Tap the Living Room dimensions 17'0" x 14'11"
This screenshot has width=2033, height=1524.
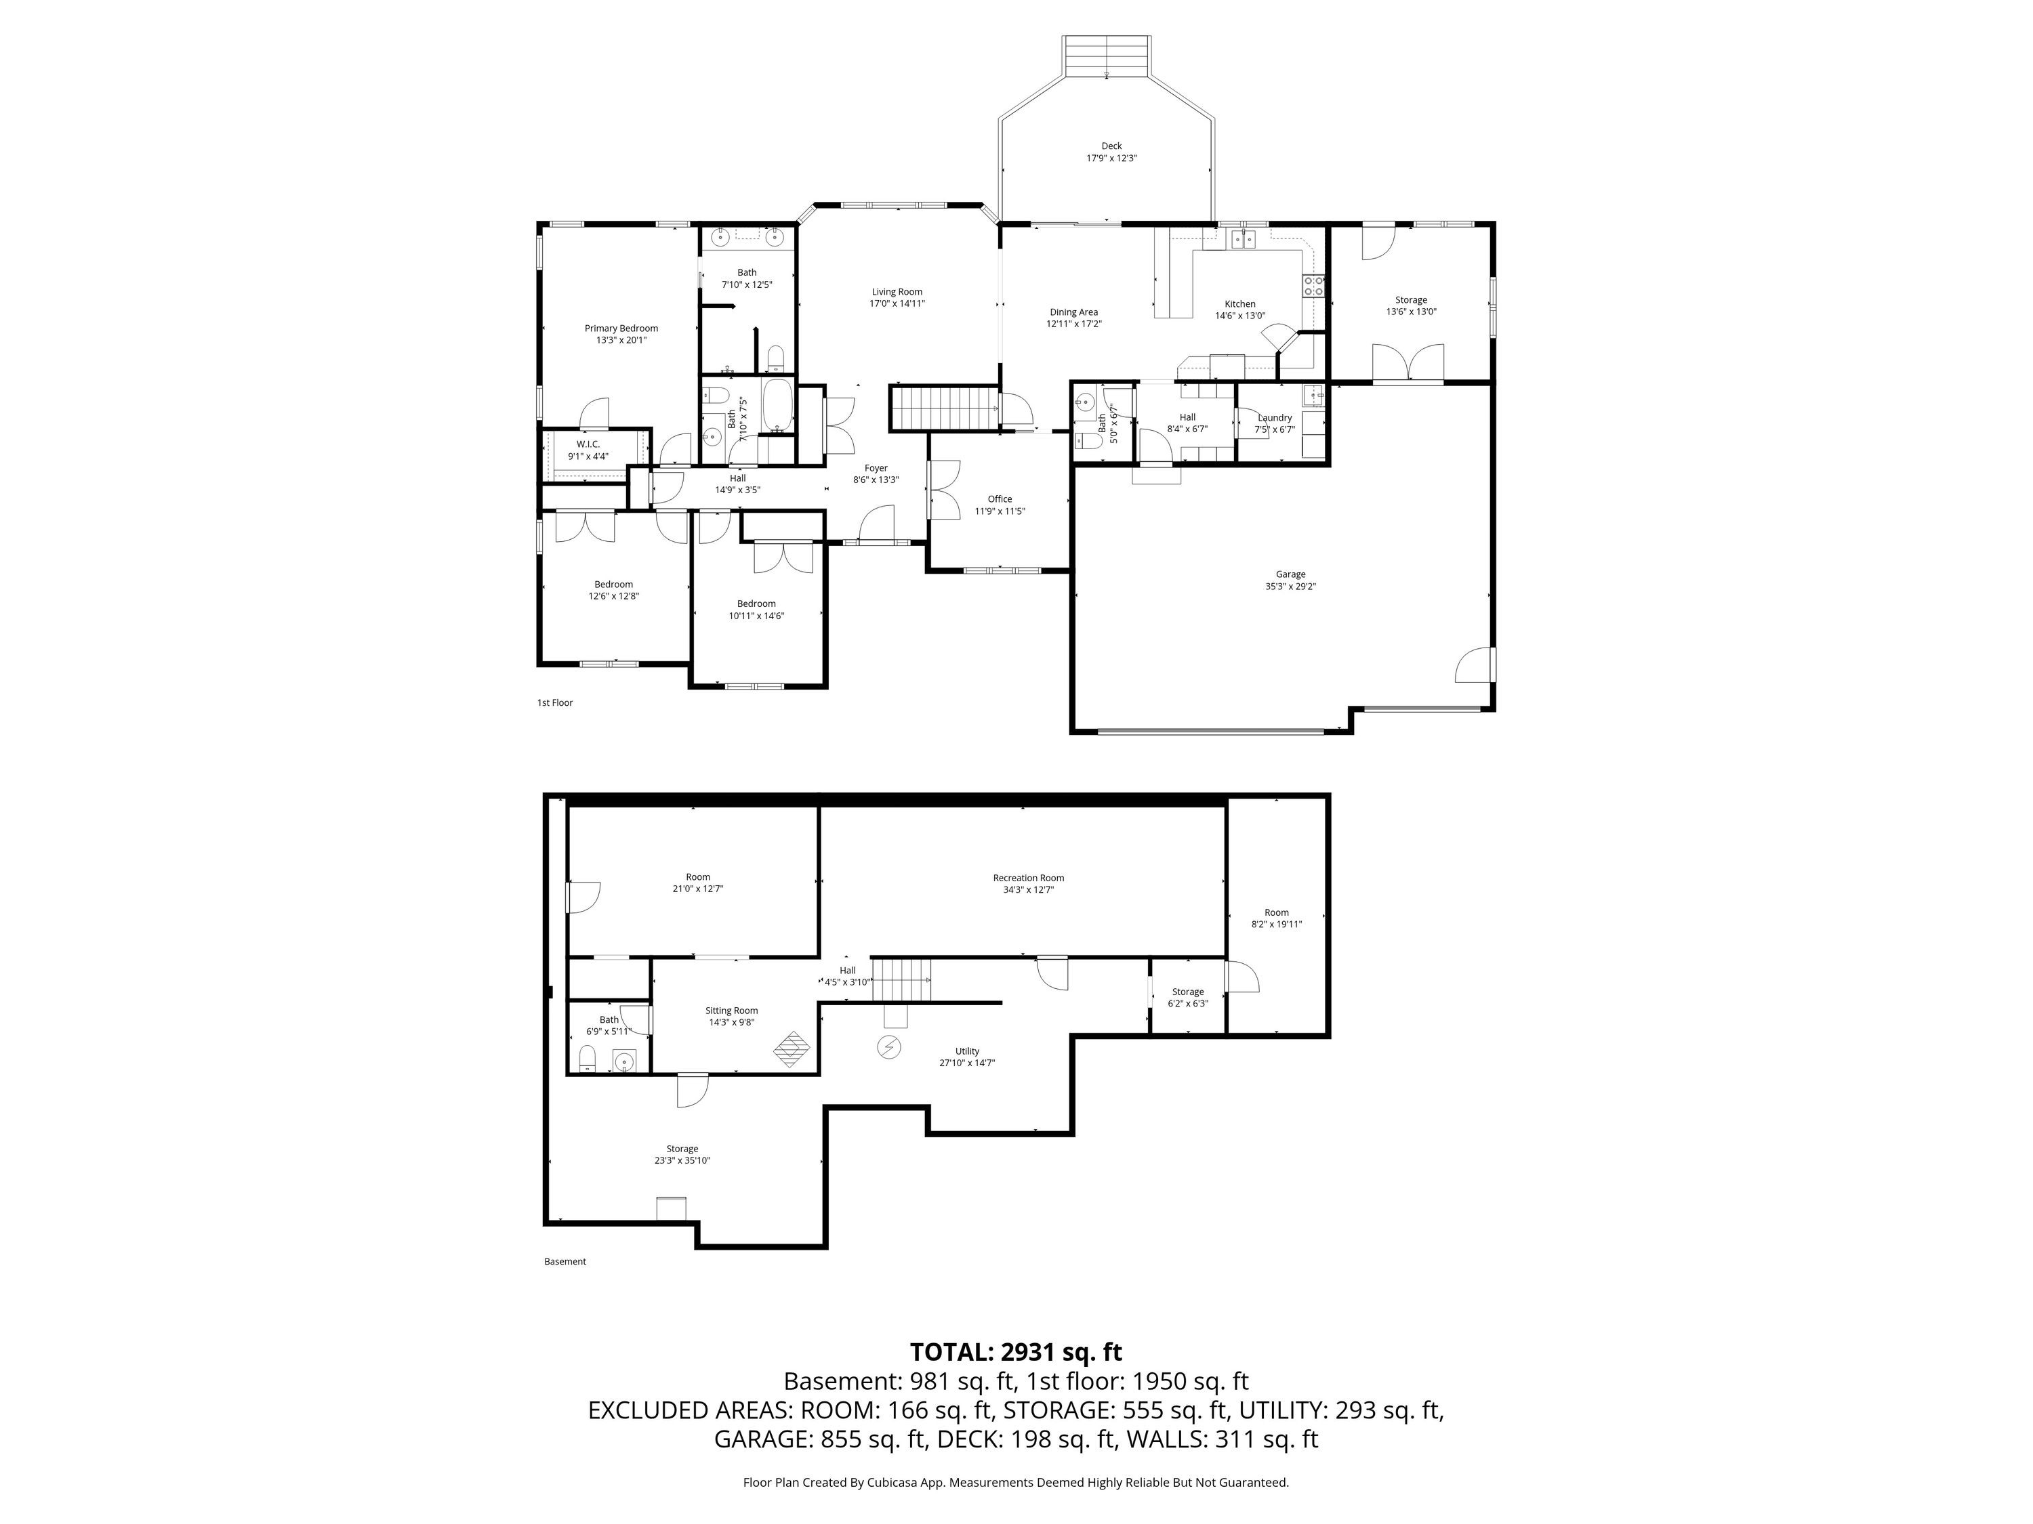point(897,304)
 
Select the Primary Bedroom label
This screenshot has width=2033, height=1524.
point(621,328)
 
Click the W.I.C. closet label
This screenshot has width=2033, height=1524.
point(588,444)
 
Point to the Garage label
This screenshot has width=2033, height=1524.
point(1290,574)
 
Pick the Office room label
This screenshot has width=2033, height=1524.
point(1000,499)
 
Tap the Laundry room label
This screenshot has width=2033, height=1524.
point(1275,418)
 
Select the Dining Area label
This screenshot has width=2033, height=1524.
point(1073,312)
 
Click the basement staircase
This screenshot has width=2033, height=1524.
point(901,980)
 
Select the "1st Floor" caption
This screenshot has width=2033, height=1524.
point(555,703)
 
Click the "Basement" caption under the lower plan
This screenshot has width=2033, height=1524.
point(565,1261)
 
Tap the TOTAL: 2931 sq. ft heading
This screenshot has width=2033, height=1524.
point(1016,1352)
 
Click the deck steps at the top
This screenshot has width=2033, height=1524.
point(1107,57)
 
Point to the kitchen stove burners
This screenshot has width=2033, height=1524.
point(1314,286)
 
